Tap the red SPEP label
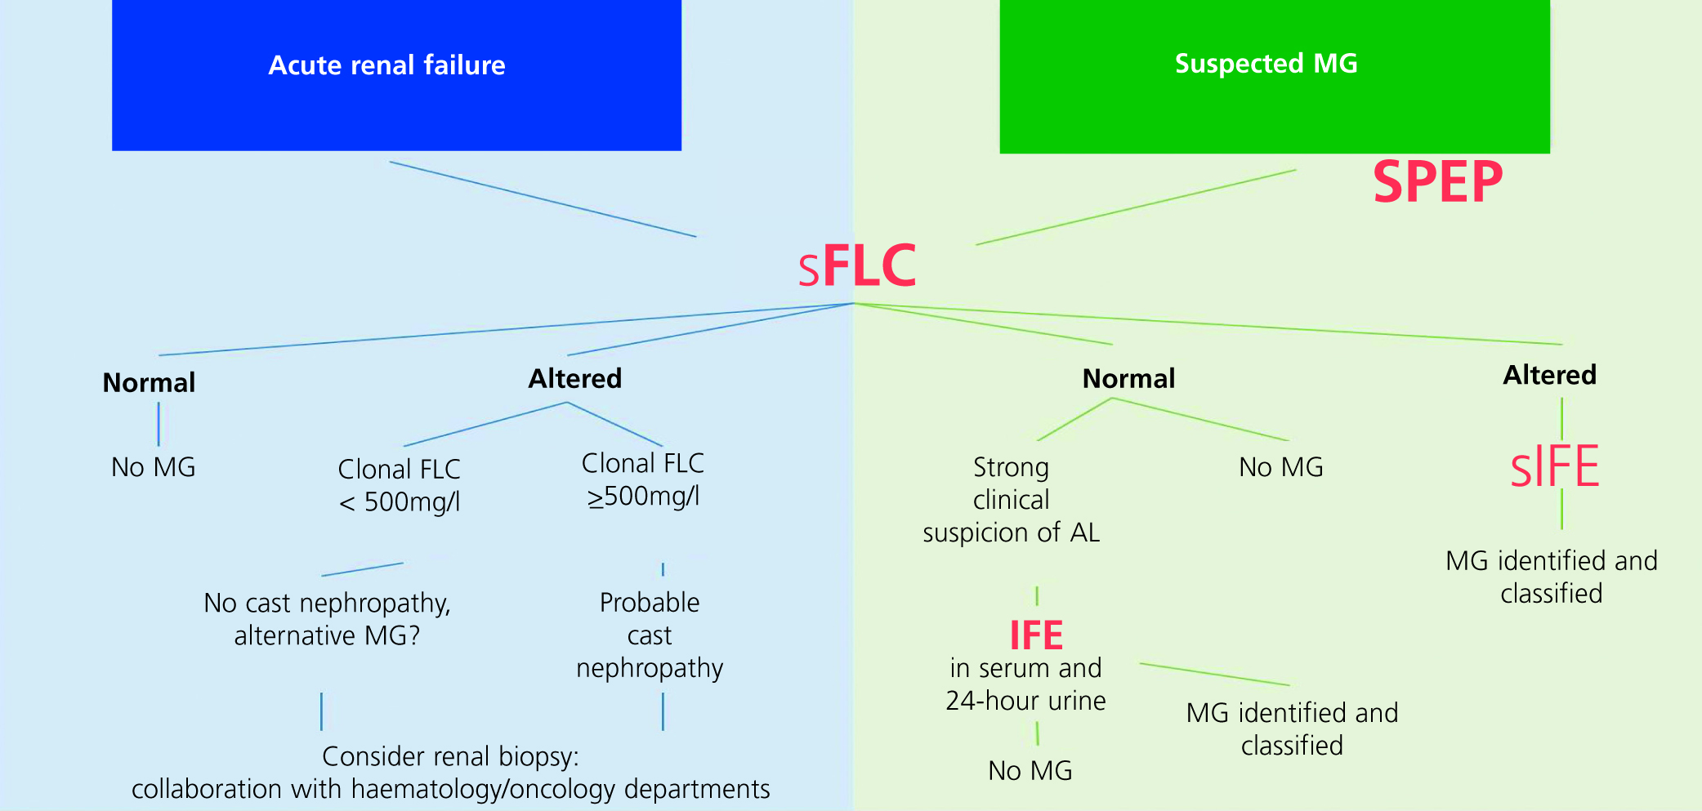click(1437, 182)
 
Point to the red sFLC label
click(857, 266)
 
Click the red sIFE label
click(1554, 467)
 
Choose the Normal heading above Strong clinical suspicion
click(1128, 379)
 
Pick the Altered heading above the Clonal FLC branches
click(575, 379)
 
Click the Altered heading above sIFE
click(1549, 375)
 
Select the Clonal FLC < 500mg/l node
click(400, 485)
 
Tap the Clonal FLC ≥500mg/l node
click(643, 479)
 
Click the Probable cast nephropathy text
click(650, 635)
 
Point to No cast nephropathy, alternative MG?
click(327, 619)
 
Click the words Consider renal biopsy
click(450, 756)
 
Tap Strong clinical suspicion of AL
click(1012, 500)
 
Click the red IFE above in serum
click(1036, 635)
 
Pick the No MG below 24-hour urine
click(1030, 770)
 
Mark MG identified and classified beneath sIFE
click(1551, 577)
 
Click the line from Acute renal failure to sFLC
click(543, 199)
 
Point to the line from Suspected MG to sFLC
click(1136, 207)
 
